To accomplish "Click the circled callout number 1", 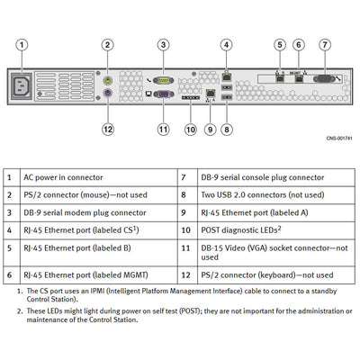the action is pos(22,45).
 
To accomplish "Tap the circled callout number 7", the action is pos(325,45).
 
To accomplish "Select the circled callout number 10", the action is pos(191,130).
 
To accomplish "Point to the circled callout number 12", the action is pos(108,130).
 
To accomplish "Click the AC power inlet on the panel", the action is pos(22,85).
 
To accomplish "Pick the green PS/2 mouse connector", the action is pos(108,80).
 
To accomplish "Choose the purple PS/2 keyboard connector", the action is pos(108,94).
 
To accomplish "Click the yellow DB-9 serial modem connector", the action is pos(164,80).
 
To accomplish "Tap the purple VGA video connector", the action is pos(164,94).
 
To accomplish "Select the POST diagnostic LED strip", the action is pos(191,98).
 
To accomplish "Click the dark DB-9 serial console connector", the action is pos(324,79).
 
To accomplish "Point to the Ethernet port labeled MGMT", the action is pos(299,79).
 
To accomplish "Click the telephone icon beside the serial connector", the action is pos(148,80).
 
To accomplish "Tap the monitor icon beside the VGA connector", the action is pos(148,94).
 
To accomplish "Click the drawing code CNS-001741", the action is pos(339,139).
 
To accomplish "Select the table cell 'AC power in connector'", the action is pos(63,177).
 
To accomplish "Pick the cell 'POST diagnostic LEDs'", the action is pos(241,230).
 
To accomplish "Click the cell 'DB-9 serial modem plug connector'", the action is pos(85,212).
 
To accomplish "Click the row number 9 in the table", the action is pos(184,212).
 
